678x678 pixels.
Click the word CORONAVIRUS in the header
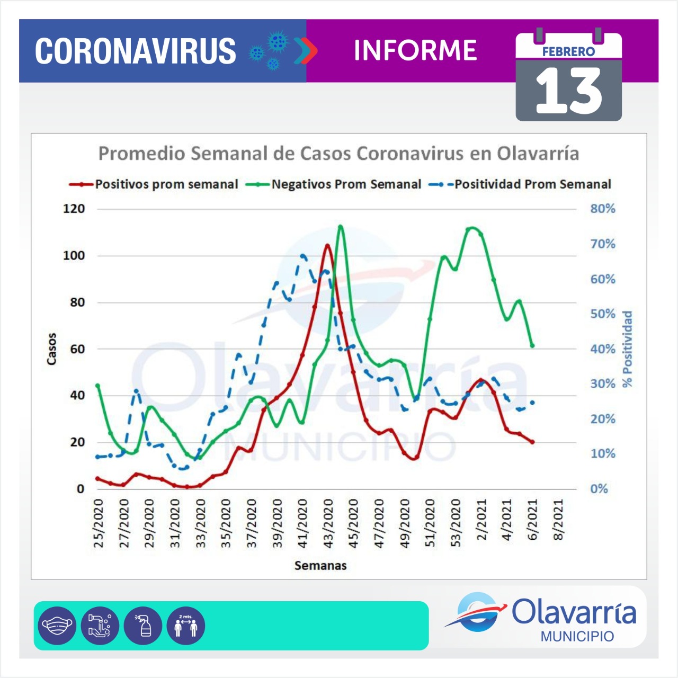[x=136, y=51]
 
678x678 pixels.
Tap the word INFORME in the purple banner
[x=415, y=51]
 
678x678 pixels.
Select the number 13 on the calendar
[x=568, y=92]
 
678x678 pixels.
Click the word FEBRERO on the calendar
[x=568, y=52]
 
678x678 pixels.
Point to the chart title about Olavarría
[x=338, y=154]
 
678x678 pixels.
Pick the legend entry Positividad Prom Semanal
[x=532, y=184]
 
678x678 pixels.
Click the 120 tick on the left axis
[x=74, y=209]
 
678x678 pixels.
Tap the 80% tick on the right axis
[x=603, y=209]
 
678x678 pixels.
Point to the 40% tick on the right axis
[x=603, y=349]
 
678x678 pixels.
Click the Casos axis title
[x=51, y=349]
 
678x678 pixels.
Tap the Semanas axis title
[x=320, y=566]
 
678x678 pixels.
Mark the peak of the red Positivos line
[x=327, y=245]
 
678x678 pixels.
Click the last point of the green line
[x=532, y=346]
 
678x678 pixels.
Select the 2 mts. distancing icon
[x=185, y=626]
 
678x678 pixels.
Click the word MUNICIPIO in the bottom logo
[x=577, y=636]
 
